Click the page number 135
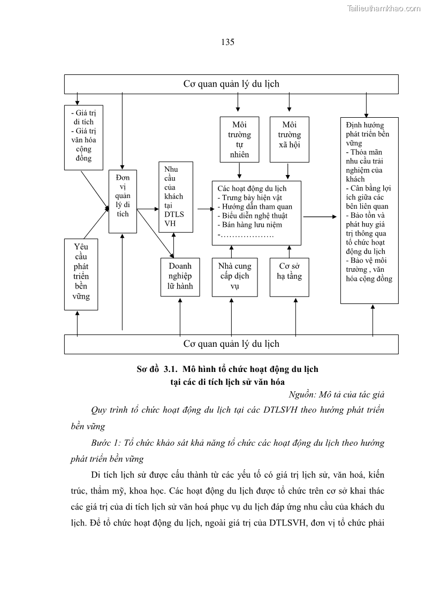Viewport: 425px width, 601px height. (x=227, y=42)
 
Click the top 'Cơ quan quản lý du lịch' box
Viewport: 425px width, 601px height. (x=231, y=84)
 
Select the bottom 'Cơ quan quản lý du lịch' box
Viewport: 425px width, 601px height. (x=231, y=344)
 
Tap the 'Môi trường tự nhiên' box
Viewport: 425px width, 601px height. (x=239, y=139)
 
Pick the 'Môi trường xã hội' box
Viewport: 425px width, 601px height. (x=290, y=139)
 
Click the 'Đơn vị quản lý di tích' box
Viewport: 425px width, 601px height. (x=123, y=201)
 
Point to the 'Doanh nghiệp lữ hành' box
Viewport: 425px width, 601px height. (x=180, y=277)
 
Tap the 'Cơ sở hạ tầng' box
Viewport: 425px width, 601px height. (x=290, y=277)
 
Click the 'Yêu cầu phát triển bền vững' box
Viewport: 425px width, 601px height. (x=81, y=274)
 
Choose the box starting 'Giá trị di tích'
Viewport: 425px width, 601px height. (x=84, y=138)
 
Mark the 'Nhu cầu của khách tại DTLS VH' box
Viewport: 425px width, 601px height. (x=174, y=196)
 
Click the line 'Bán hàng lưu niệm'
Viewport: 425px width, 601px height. (x=250, y=225)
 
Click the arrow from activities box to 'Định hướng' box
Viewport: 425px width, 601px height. (x=321, y=217)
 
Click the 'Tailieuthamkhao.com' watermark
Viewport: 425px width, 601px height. (x=384, y=8)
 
